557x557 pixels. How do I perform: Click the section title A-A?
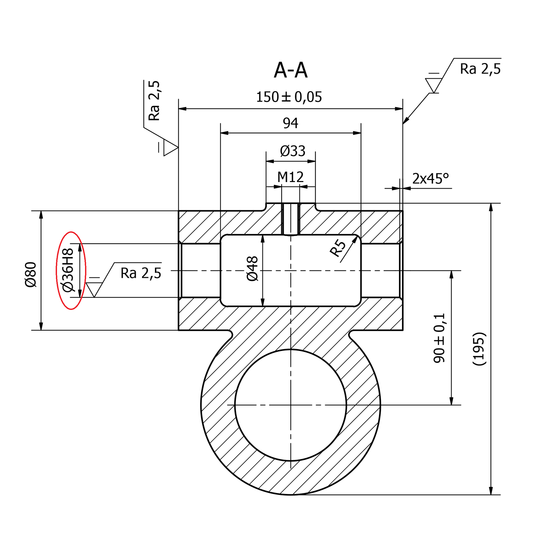coord(291,71)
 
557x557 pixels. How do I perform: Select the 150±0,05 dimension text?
coord(289,97)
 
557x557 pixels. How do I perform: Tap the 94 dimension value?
coord(290,123)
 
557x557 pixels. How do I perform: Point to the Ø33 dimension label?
coord(292,151)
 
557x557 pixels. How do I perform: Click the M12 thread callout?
coord(290,178)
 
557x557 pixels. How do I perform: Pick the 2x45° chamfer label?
coord(430,179)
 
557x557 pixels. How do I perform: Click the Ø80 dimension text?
coord(31,274)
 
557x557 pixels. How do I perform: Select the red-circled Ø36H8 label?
coord(68,270)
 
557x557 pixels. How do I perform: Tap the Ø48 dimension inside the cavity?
coord(253,268)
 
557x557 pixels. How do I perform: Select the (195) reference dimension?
coord(479,348)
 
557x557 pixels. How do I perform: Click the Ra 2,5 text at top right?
coord(480,69)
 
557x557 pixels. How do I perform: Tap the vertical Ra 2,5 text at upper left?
coord(154,101)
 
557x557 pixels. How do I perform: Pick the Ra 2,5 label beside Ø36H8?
coord(141,273)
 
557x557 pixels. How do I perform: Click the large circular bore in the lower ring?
coord(291,405)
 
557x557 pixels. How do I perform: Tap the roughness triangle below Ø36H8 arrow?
coord(94,289)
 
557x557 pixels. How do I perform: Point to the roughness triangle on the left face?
coord(170,148)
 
